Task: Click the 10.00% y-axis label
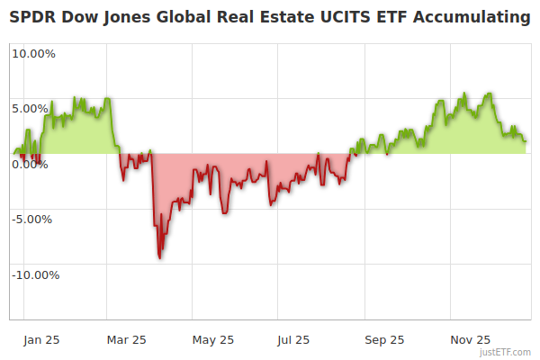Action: coord(33,53)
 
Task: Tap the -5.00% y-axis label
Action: coord(34,219)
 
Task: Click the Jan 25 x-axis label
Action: coord(41,339)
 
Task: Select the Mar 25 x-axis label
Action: coord(126,339)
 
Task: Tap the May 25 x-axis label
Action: coord(212,339)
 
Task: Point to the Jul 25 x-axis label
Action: coord(294,339)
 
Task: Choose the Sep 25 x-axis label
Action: coord(383,339)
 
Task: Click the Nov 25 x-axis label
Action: coord(470,339)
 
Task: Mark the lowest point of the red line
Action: coord(160,257)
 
